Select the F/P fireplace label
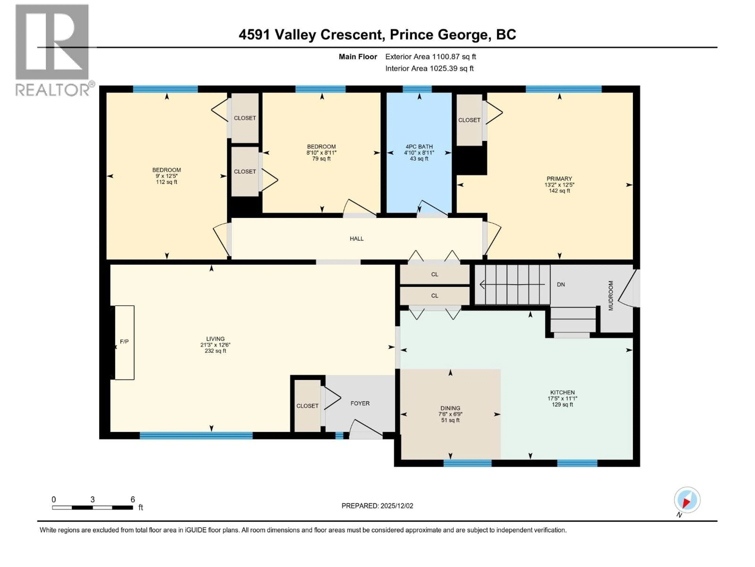(x=124, y=341)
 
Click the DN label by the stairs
(x=561, y=284)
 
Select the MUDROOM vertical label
(x=611, y=296)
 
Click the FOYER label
(x=360, y=403)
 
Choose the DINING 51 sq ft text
(x=450, y=420)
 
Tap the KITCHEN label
(x=562, y=392)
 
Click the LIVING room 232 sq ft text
(x=215, y=351)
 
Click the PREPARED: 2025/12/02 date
(x=377, y=506)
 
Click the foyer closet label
(x=307, y=406)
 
